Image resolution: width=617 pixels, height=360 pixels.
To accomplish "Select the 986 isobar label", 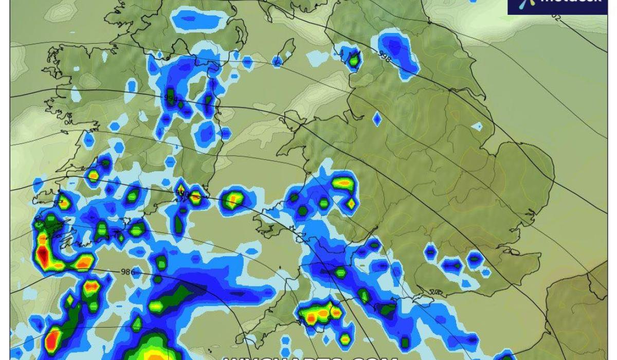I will coord(126,271).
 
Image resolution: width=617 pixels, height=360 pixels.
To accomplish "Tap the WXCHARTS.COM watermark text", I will coord(308,356).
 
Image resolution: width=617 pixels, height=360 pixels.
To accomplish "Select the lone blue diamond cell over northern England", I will coord(377,119).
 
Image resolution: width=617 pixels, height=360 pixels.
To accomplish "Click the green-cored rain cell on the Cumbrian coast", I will coord(354,60).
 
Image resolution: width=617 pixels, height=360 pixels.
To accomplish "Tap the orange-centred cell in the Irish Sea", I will coord(233,199).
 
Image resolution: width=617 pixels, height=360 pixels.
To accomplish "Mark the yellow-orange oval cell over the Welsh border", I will coord(343,182).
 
